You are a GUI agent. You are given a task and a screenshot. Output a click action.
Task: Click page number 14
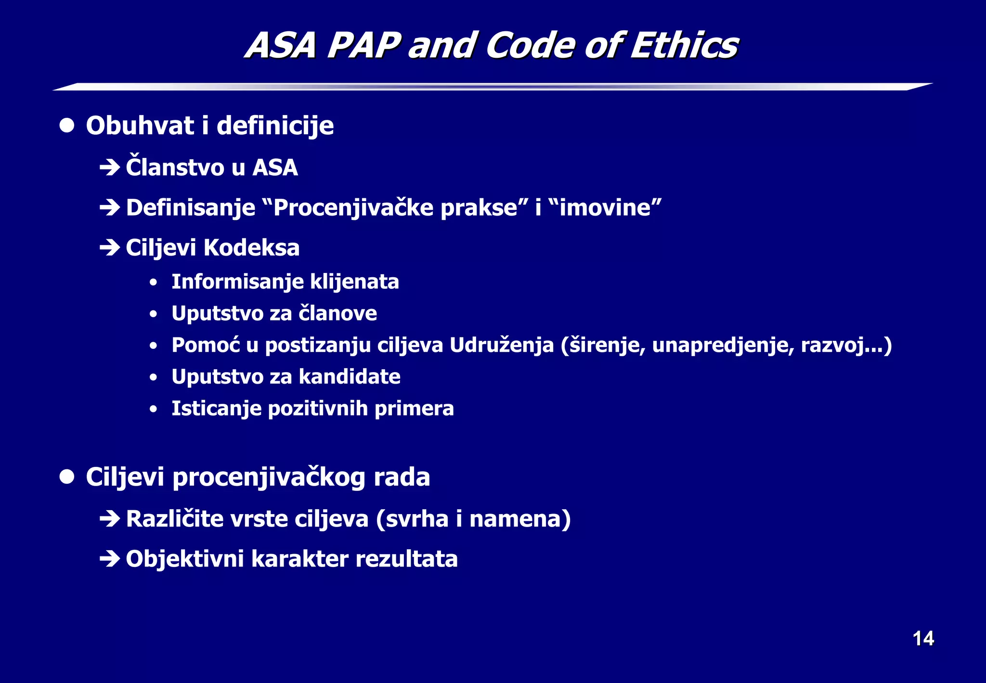coord(923,639)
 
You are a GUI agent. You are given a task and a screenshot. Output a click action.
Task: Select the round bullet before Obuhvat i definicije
coord(67,126)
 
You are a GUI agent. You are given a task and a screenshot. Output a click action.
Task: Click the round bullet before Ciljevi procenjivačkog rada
coord(67,477)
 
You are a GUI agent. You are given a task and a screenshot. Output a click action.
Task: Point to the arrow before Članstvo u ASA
coord(110,168)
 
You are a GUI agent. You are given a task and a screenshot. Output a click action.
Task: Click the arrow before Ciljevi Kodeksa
coord(110,248)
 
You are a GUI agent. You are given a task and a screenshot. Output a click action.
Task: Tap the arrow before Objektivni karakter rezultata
coord(110,559)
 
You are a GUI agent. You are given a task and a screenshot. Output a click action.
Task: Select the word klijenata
coord(354,282)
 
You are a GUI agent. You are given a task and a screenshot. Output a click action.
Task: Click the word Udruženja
coord(502,345)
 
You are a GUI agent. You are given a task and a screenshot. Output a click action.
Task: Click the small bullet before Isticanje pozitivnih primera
coord(153,409)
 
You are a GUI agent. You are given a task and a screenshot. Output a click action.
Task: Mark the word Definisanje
coord(191,208)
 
